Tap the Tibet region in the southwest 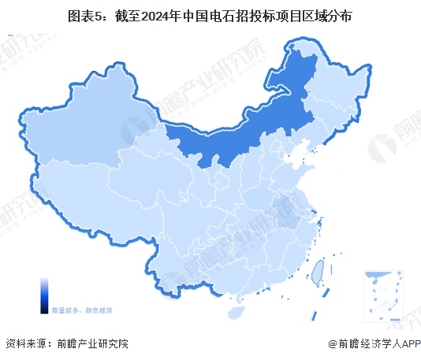coord(87,197)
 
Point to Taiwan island coord(319,273)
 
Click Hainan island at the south coord(234,311)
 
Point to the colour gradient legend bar coord(44,295)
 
